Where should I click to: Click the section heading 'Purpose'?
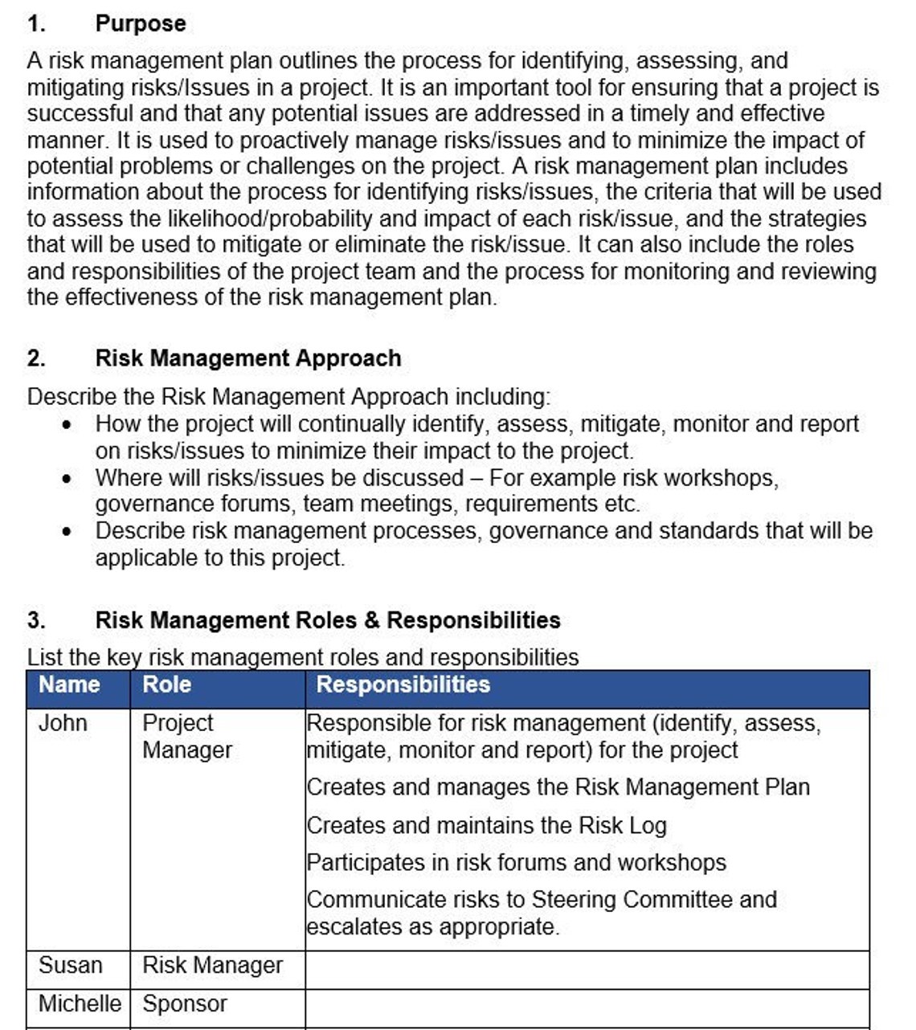point(141,23)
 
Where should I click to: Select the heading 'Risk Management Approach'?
point(247,358)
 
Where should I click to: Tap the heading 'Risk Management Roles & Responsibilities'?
point(327,620)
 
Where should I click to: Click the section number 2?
point(35,358)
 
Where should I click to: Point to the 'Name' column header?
point(69,685)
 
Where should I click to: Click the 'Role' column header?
point(166,685)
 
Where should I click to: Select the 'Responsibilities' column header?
point(403,685)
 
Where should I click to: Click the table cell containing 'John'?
point(63,723)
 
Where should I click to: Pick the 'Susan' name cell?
point(70,965)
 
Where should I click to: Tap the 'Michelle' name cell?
point(79,1003)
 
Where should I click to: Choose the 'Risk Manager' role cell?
point(212,965)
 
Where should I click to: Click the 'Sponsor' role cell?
point(185,1003)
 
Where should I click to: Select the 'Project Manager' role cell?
point(186,736)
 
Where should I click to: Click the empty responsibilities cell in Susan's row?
point(587,969)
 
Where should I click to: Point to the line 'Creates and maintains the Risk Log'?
point(486,825)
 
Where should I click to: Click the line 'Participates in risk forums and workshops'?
point(516,863)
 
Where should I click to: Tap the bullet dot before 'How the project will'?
point(67,425)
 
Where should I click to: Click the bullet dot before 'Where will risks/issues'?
point(67,479)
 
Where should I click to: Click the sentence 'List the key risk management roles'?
point(302,657)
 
